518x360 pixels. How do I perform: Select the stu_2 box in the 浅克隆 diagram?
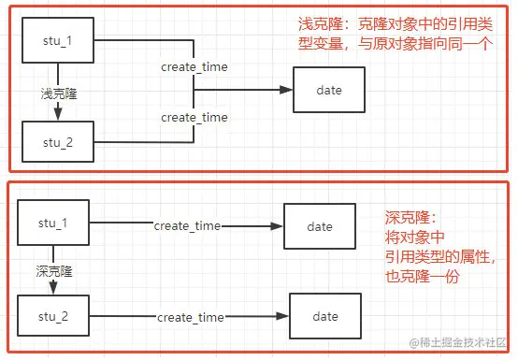58,143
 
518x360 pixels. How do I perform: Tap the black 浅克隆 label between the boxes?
58,94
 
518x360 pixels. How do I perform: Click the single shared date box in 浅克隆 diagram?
330,90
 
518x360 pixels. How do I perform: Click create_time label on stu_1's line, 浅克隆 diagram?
194,67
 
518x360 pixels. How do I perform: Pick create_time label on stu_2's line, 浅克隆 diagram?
194,117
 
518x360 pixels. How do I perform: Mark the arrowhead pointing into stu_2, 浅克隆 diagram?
58,116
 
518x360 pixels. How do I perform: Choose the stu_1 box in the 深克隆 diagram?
53,225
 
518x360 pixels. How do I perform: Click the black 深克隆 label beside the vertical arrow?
53,271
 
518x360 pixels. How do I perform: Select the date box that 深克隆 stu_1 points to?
320,227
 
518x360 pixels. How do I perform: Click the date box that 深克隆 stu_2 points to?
325,317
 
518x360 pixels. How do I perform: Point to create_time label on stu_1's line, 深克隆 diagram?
187,226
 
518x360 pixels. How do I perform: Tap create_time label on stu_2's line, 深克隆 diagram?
190,318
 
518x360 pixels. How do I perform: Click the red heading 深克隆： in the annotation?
410,216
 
